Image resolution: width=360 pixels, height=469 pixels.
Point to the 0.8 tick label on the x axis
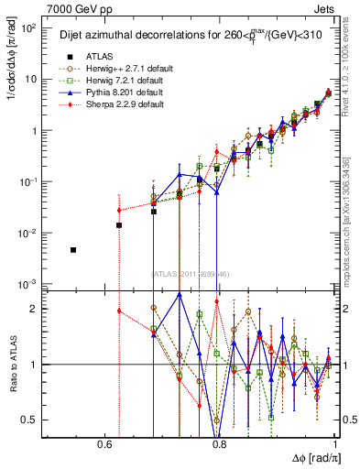coord(219,444)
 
